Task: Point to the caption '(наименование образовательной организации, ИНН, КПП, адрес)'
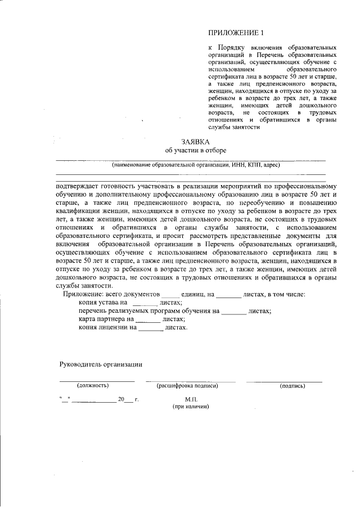(195, 165)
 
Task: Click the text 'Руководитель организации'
(101, 364)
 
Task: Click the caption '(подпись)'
(291, 386)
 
